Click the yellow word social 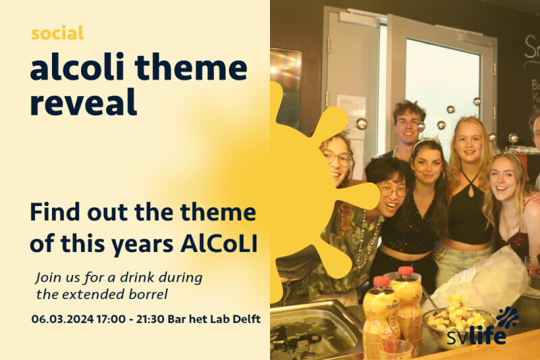click(57, 33)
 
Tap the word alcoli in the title click(77, 67)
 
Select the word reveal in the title click(84, 101)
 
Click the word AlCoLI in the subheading click(219, 244)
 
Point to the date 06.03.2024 click(62, 319)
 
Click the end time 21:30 click(150, 319)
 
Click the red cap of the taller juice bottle click(406, 271)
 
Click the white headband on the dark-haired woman click(426, 141)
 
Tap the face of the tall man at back click(408, 126)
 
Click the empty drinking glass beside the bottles click(395, 350)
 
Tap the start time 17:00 click(111, 319)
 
